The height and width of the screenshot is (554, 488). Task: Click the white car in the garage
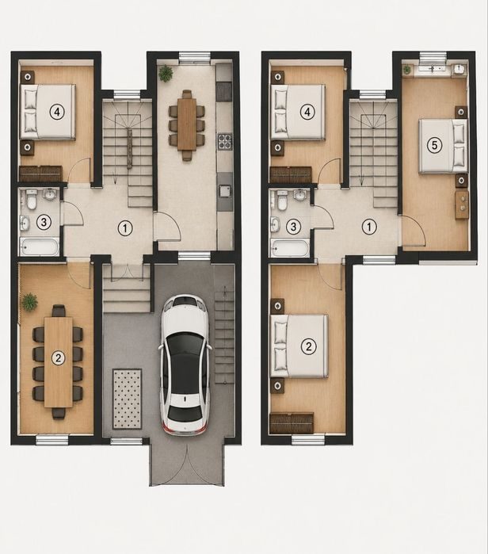click(185, 365)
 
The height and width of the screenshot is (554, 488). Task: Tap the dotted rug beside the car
click(127, 399)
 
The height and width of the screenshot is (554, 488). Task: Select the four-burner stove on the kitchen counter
click(224, 141)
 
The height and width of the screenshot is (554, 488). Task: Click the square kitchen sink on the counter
click(225, 191)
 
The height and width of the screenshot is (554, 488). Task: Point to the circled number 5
click(434, 145)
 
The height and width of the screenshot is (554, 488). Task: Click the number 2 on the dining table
click(59, 358)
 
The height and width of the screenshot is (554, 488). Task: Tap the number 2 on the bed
click(308, 346)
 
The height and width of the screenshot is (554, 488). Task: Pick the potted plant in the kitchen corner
click(166, 73)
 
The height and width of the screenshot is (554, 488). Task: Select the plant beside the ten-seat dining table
click(29, 301)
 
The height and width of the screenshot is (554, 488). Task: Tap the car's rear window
click(185, 412)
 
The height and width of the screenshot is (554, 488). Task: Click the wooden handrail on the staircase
click(130, 149)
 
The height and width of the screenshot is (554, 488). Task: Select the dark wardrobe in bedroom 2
click(292, 423)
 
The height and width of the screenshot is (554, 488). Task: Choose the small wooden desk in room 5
click(462, 205)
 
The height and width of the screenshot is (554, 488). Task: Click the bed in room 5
click(443, 146)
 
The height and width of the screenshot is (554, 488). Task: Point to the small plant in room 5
click(406, 70)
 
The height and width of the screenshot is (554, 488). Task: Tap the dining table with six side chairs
click(187, 124)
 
